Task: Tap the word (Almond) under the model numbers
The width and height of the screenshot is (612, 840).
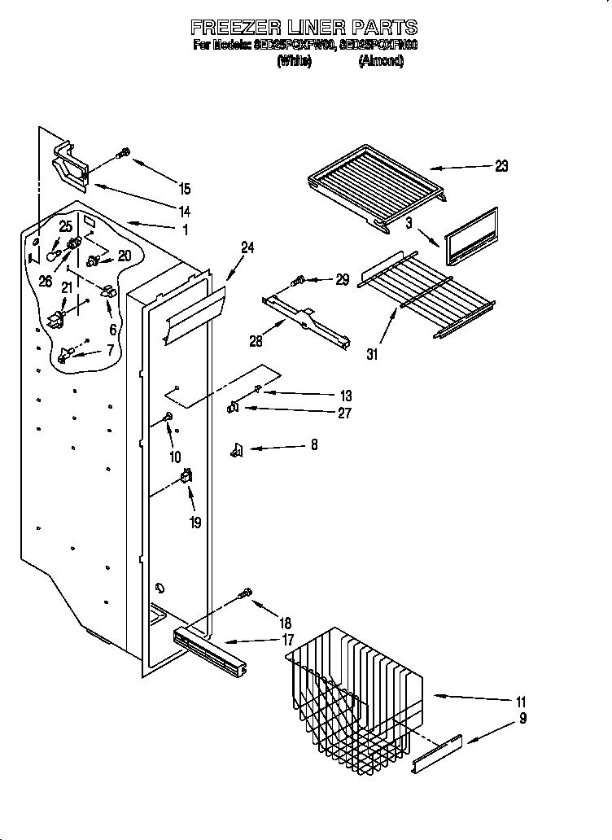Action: point(381,61)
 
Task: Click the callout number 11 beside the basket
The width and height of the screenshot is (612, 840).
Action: point(521,702)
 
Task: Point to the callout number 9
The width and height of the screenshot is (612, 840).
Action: point(522,718)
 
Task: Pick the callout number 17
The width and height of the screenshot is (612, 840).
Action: point(288,640)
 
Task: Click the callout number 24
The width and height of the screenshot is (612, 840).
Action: point(247,248)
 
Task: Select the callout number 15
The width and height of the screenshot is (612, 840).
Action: point(185,189)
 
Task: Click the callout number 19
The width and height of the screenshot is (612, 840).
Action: point(195,523)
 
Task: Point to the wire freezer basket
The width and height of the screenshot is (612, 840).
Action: point(354,692)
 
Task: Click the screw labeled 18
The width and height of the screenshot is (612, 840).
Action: point(243,595)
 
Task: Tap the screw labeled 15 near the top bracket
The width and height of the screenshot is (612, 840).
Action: point(125,152)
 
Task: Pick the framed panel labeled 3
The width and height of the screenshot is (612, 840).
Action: point(470,235)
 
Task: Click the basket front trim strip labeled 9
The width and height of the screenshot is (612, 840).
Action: point(437,755)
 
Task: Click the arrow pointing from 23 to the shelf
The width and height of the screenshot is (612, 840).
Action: point(460,168)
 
